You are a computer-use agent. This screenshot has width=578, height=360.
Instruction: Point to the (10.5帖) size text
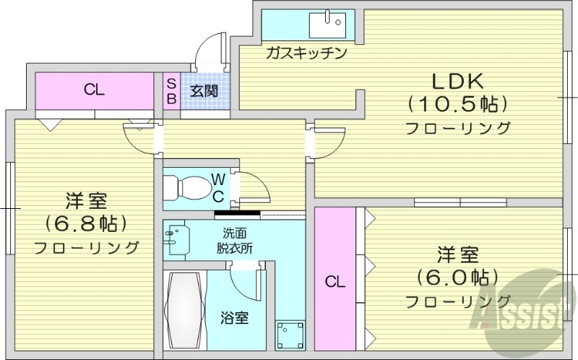click(x=457, y=105)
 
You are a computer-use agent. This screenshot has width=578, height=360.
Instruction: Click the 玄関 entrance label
click(x=204, y=91)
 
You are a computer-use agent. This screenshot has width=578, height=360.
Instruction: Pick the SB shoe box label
click(x=171, y=91)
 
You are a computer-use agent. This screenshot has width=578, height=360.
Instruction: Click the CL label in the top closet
click(x=95, y=90)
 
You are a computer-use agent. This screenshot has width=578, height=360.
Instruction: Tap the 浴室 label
click(x=235, y=317)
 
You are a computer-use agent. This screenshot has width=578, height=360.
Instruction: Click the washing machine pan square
click(x=289, y=335)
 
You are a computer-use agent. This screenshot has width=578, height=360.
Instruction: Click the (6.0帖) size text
click(x=457, y=277)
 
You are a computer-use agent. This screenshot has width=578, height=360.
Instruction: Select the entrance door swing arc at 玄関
click(x=212, y=51)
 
